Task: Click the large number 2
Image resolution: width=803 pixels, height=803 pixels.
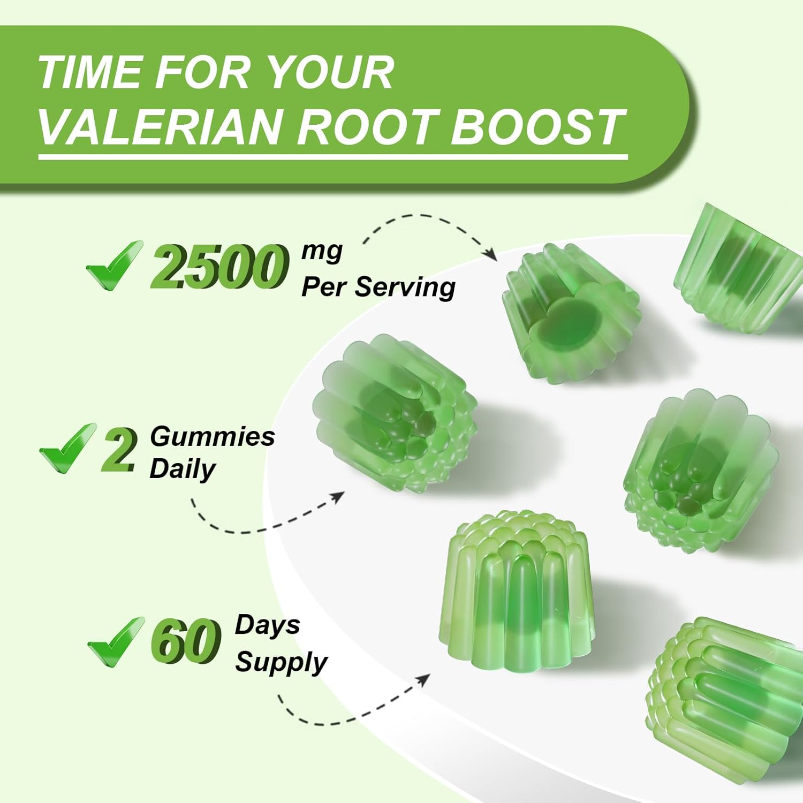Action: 119,451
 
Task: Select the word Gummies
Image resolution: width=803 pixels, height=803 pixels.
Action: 212,436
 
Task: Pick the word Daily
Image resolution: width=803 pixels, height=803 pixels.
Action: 182,469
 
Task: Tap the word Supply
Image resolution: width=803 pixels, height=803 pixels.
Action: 281,662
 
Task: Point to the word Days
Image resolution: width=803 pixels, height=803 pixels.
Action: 267,625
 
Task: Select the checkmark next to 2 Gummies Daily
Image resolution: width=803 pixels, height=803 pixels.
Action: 67,448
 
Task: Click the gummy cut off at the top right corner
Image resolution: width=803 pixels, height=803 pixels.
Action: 736,268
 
